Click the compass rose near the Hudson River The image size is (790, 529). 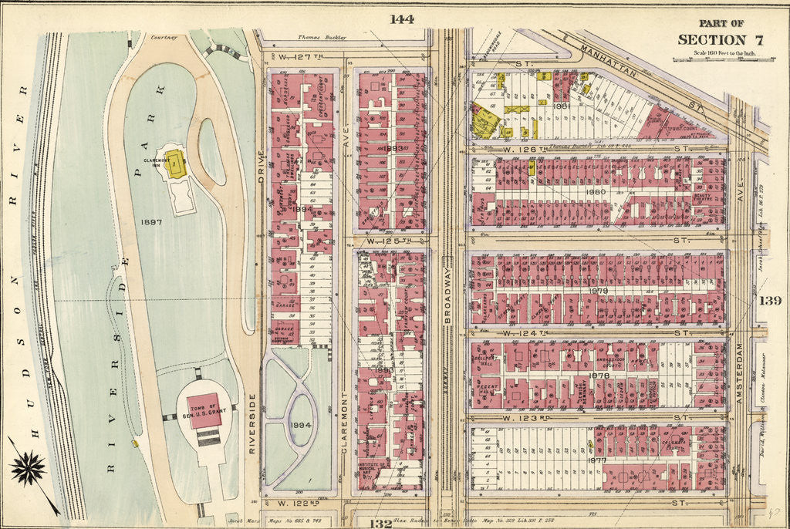click(x=28, y=468)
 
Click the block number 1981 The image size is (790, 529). click(x=561, y=106)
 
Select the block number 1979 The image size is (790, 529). click(x=598, y=290)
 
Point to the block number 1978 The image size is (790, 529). click(x=599, y=376)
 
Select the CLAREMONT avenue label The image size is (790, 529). click(x=346, y=433)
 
